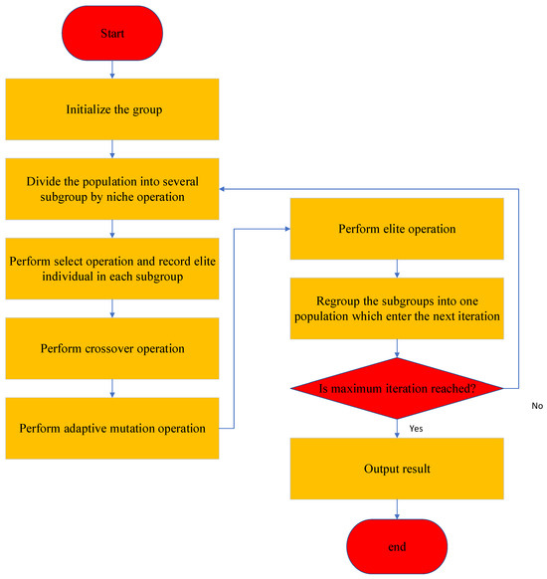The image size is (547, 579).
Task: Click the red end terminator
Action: pyautogui.click(x=398, y=547)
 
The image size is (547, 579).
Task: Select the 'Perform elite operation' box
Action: pyautogui.click(x=398, y=229)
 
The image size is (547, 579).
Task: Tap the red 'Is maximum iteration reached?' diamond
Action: pyautogui.click(x=398, y=387)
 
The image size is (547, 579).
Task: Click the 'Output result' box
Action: pyautogui.click(x=398, y=469)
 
